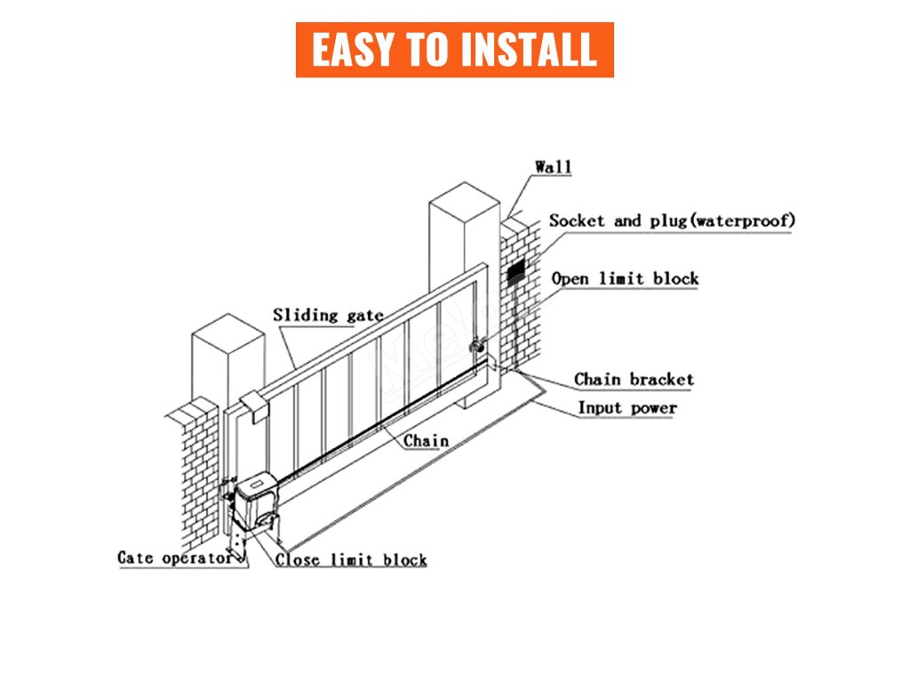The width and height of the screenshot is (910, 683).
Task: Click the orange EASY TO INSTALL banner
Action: pos(454,50)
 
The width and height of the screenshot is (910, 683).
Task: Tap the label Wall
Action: pos(553,167)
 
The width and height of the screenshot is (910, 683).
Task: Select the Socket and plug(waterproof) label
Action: pos(672,221)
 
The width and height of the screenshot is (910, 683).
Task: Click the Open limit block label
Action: pos(625,278)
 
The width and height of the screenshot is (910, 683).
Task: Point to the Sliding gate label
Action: pos(328,315)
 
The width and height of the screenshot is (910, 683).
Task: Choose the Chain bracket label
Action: pos(633,380)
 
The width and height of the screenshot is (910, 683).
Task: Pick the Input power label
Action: pos(627,408)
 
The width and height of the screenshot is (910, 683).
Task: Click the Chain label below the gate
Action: pos(426,440)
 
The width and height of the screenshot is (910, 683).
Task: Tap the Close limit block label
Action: pos(351,560)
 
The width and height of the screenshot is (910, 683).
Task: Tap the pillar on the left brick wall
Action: pos(227,365)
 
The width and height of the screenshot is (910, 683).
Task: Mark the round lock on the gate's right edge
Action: pos(476,344)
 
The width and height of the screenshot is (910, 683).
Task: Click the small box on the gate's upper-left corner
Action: pos(253,406)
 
